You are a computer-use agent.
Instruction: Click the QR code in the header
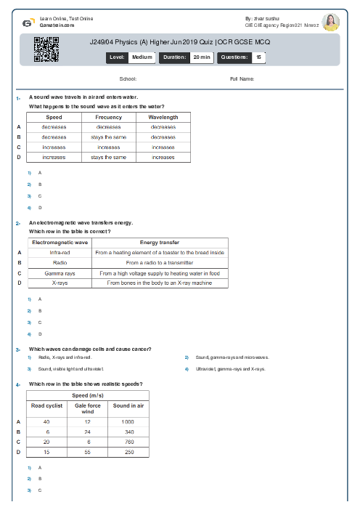[46, 49]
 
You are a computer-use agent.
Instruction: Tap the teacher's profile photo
[331, 23]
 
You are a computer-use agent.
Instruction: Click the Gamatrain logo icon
[28, 22]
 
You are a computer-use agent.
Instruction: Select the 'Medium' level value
[142, 56]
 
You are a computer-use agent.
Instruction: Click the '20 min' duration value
[201, 56]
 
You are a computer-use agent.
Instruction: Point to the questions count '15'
[258, 56]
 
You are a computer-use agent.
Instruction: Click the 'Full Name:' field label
[242, 78]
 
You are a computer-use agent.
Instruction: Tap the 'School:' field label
[128, 78]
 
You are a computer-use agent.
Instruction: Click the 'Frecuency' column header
[109, 117]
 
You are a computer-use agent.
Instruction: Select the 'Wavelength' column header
[163, 117]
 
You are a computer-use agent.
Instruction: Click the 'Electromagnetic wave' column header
[60, 242]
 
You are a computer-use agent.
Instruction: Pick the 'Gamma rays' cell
[60, 273]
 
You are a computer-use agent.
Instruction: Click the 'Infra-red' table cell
[60, 252]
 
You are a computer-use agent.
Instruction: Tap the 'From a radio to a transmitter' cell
[160, 262]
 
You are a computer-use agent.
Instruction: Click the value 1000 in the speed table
[128, 421]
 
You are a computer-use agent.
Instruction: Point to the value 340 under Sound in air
[128, 432]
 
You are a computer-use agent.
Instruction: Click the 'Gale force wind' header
[88, 408]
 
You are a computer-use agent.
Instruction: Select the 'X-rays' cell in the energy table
[60, 283]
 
